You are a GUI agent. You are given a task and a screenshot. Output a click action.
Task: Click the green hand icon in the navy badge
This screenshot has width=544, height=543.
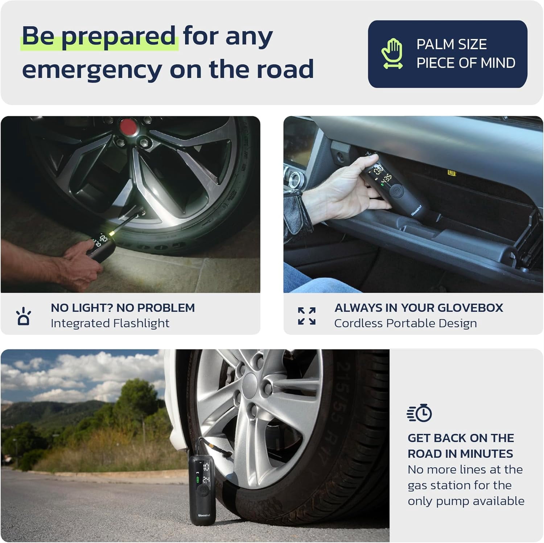pos(392,54)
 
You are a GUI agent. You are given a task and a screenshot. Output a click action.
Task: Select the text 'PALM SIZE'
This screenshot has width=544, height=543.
pos(452,44)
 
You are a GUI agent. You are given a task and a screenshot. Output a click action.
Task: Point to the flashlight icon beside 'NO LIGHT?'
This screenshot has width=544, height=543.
pos(24,316)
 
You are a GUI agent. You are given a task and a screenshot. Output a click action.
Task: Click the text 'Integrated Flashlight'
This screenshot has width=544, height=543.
pos(110,323)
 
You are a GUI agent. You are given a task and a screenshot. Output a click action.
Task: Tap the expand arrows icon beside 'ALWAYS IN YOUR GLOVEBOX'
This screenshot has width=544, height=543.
pos(307,316)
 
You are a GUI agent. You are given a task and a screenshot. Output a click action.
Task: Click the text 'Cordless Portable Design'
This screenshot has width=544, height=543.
pos(405,323)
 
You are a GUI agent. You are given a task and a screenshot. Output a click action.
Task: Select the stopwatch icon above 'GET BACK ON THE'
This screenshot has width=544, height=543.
pos(420,414)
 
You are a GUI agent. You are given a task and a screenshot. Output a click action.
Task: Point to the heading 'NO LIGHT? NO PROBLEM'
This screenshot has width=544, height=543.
pos(123,308)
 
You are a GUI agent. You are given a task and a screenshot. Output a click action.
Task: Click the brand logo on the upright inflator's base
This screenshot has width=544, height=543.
pos(204,515)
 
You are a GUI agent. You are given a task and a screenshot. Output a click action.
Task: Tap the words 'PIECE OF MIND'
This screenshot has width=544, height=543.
pos(466,63)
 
